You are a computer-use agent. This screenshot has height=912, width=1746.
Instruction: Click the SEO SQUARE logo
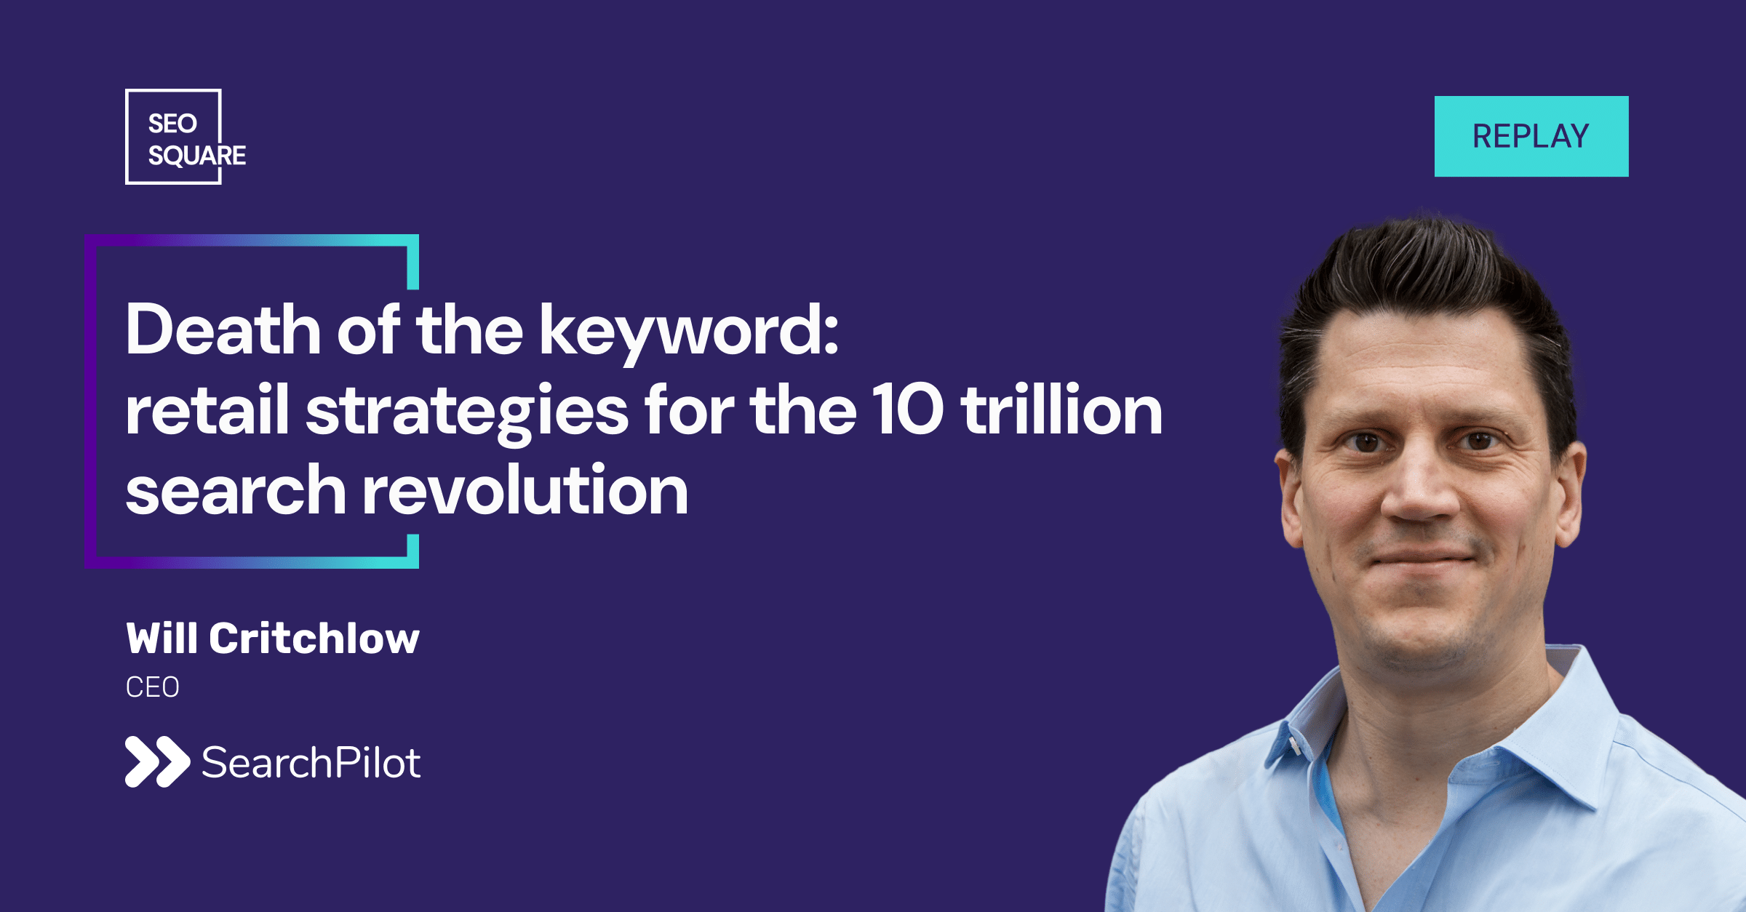[186, 137]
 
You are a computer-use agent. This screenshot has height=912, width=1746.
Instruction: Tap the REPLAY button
[1531, 136]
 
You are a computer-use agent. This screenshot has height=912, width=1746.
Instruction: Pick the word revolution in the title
[525, 489]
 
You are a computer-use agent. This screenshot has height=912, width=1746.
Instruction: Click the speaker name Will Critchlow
[273, 639]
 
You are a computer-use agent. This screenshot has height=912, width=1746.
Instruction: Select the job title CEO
[152, 687]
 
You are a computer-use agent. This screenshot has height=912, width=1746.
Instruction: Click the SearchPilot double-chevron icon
[157, 761]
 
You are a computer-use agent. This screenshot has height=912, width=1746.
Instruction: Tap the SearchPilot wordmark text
[311, 762]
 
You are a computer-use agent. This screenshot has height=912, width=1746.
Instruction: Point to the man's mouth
[1423, 559]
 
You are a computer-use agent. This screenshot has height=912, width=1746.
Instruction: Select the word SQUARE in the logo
[196, 156]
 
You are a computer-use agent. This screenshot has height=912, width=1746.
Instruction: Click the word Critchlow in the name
[314, 639]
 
